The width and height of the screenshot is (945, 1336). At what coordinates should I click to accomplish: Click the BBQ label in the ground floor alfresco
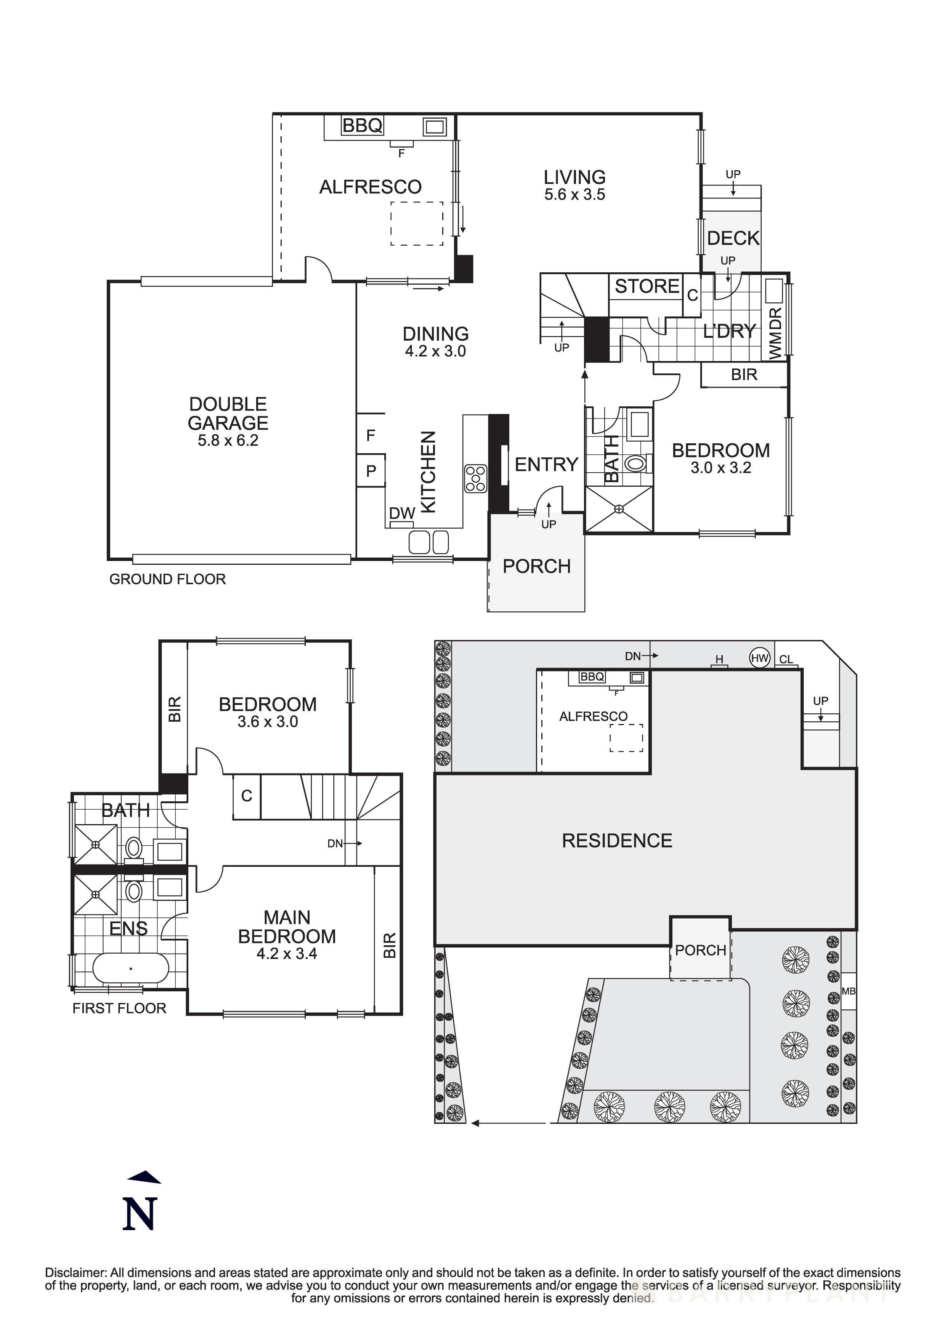pyautogui.click(x=362, y=125)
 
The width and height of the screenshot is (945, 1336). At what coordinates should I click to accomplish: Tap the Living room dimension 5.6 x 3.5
pyautogui.click(x=575, y=195)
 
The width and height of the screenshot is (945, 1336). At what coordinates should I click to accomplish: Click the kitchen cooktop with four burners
pyautogui.click(x=476, y=478)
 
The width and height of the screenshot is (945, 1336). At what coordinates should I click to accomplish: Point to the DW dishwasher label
pyautogui.click(x=402, y=513)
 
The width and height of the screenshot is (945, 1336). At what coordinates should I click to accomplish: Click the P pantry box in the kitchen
pyautogui.click(x=371, y=471)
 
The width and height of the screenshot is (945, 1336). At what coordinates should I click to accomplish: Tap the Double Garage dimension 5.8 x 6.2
pyautogui.click(x=228, y=441)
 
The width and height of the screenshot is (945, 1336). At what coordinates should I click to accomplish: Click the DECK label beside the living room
pyautogui.click(x=733, y=238)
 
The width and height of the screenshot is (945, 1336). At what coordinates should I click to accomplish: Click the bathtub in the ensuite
pyautogui.click(x=131, y=968)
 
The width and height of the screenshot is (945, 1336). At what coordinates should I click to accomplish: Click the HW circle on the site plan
pyautogui.click(x=759, y=658)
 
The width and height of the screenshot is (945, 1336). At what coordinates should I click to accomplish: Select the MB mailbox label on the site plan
pyautogui.click(x=848, y=991)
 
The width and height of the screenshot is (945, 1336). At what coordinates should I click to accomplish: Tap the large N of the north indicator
pyautogui.click(x=140, y=1215)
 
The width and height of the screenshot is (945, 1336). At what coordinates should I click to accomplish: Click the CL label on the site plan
pyautogui.click(x=786, y=659)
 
